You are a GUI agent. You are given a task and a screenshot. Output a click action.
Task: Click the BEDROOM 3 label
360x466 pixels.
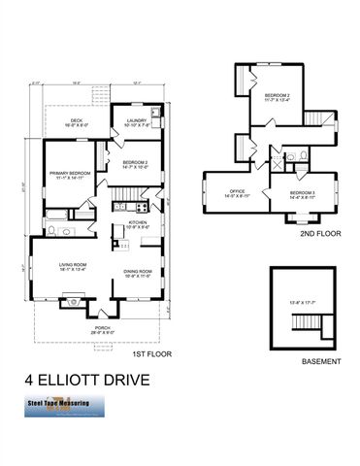click(303, 194)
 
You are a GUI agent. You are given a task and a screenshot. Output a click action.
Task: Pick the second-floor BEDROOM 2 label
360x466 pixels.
click(281, 96)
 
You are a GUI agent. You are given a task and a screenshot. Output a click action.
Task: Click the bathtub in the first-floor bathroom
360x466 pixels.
click(56, 211)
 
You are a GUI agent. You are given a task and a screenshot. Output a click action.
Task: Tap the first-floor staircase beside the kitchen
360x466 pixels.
click(128, 205)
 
